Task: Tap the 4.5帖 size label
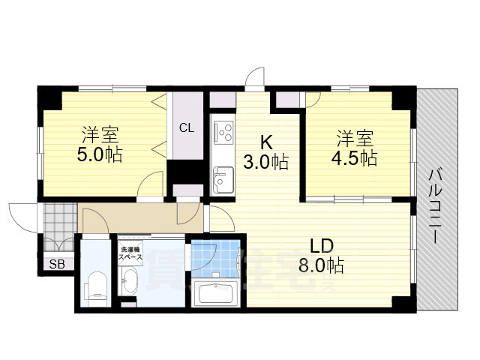pyautogui.click(x=356, y=158)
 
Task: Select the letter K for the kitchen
pyautogui.click(x=266, y=141)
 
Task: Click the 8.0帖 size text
pyautogui.click(x=323, y=265)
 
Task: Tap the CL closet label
pyautogui.click(x=186, y=127)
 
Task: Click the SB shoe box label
pyautogui.click(x=56, y=264)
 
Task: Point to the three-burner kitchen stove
pyautogui.click(x=223, y=133)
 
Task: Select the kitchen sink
pyautogui.click(x=223, y=178)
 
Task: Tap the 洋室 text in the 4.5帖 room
pyautogui.click(x=355, y=139)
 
